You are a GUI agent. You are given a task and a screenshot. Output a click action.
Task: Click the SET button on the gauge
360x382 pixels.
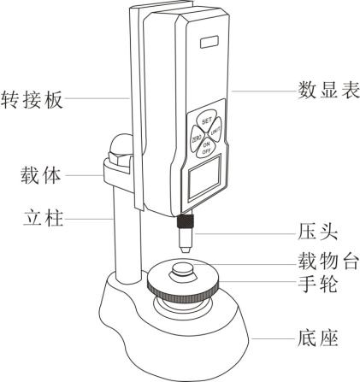point(206,120)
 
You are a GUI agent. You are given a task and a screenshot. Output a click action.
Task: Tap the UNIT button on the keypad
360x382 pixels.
point(215,132)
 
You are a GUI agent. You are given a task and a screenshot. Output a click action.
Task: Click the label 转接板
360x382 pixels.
point(32,99)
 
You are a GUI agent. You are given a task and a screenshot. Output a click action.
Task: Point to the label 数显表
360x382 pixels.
point(329,91)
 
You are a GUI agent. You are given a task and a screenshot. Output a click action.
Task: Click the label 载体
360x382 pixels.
point(41,175)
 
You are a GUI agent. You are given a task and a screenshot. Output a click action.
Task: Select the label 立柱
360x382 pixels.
point(43,218)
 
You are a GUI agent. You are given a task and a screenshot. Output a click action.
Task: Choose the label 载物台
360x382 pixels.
point(328,261)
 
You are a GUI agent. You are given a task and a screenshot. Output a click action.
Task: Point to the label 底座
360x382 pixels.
point(318,338)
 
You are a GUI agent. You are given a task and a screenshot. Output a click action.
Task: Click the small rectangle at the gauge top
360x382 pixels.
point(210,42)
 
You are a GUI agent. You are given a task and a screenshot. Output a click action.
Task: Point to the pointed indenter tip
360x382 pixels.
point(186,250)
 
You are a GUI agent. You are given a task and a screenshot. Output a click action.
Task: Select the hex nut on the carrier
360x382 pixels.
point(120,158)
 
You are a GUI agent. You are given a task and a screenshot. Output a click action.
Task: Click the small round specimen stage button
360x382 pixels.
point(183,269)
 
